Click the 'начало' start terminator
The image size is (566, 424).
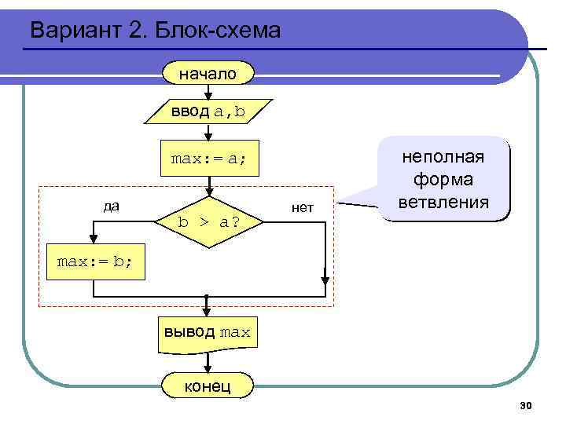(x=208, y=75)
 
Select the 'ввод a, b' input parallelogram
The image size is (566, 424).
(x=209, y=112)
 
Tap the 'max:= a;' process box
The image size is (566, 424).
(x=208, y=159)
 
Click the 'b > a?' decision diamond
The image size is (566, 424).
(x=208, y=222)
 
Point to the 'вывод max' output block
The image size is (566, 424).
(x=208, y=332)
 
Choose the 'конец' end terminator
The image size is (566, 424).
(x=208, y=386)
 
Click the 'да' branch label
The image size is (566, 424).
(x=112, y=207)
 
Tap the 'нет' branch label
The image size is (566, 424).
(x=302, y=207)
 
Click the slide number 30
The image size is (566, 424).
(x=526, y=405)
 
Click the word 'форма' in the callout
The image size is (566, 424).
(x=444, y=180)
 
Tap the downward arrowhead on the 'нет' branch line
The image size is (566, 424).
(x=325, y=276)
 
